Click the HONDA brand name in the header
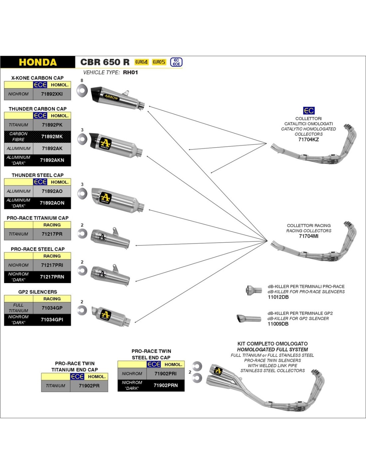tap(38, 62)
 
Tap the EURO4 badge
tap(141, 62)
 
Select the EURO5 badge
tap(159, 62)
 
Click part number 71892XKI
tap(52, 94)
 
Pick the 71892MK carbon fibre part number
tap(52, 137)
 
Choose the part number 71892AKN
tap(52, 160)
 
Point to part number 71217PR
tap(52, 234)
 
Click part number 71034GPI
tap(52, 320)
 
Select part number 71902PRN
tap(166, 385)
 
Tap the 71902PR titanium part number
tap(89, 386)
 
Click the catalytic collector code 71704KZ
tap(308, 140)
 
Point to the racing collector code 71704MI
tap(308, 236)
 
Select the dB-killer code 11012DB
tap(278, 297)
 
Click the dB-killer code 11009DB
tap(278, 324)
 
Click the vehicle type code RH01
tap(130, 73)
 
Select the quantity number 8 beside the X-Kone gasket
tap(82, 80)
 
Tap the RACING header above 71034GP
tap(52, 299)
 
